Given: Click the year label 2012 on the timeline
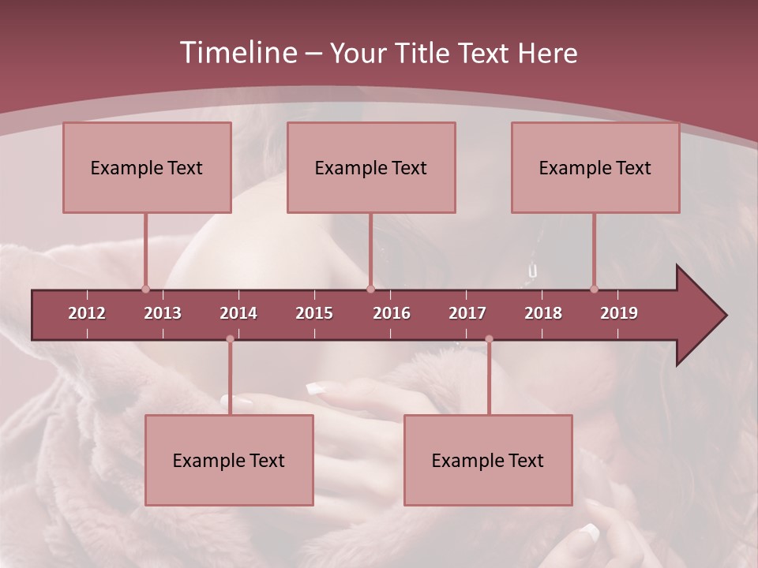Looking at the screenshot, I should (x=87, y=313).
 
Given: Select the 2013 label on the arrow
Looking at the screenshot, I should (x=163, y=313).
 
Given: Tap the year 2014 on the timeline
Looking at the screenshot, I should (x=238, y=313).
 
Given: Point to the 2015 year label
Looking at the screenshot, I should (x=314, y=313).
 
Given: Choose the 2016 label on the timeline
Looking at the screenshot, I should (x=392, y=313).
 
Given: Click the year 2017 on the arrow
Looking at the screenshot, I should (x=467, y=313).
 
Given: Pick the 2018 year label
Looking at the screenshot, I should (x=543, y=313).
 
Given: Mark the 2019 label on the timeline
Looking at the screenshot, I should (x=619, y=313).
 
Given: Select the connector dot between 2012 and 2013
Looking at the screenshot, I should (x=145, y=289).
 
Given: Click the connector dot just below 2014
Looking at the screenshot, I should (x=230, y=339).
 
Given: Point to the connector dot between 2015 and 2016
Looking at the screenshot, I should (x=370, y=289).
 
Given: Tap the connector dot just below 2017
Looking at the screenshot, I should (x=489, y=339).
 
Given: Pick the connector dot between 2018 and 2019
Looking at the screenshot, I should (x=594, y=289).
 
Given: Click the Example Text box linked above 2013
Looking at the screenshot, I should (x=147, y=167).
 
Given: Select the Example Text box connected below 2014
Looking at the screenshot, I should (x=229, y=460).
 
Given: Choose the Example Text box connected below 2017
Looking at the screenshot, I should (x=488, y=460).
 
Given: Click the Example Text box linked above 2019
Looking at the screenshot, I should (x=595, y=167).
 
